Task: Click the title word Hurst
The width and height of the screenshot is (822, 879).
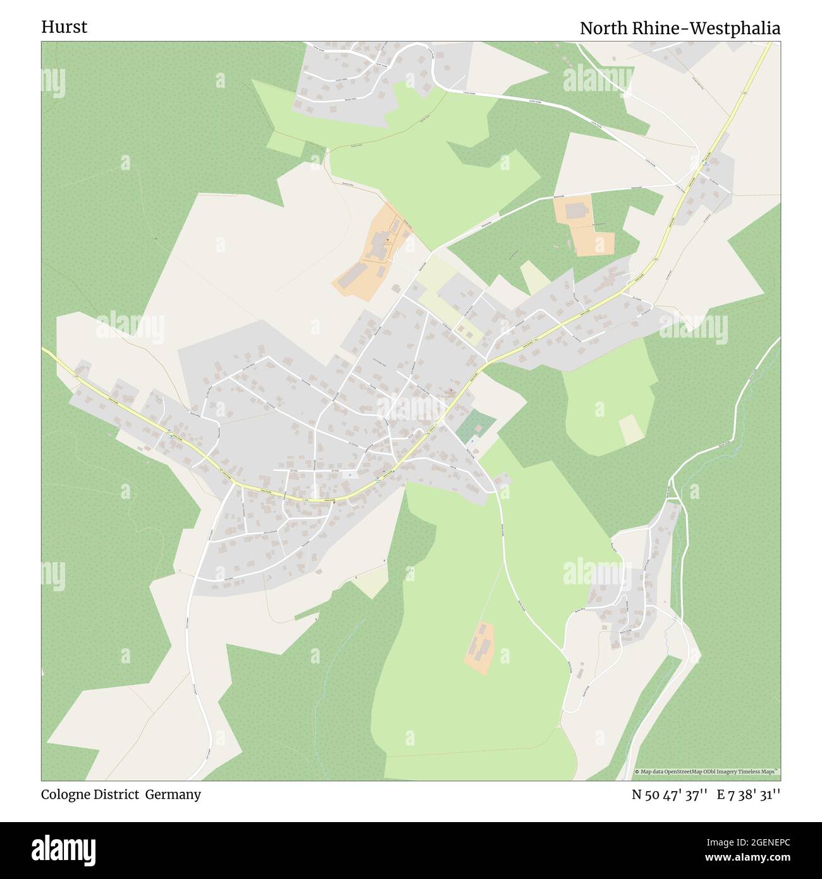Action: click(x=64, y=27)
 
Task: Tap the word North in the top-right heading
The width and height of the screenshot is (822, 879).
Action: click(x=604, y=28)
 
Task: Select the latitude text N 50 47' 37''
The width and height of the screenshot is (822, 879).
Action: click(x=669, y=795)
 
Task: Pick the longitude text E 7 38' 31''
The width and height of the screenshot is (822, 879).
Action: click(x=749, y=795)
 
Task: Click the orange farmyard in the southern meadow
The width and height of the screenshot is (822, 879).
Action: click(x=480, y=648)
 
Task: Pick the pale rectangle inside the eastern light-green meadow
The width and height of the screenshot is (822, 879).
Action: click(x=631, y=430)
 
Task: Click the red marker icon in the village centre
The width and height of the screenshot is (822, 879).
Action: click(x=450, y=390)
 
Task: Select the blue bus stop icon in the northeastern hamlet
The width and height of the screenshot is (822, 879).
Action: click(x=705, y=163)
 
